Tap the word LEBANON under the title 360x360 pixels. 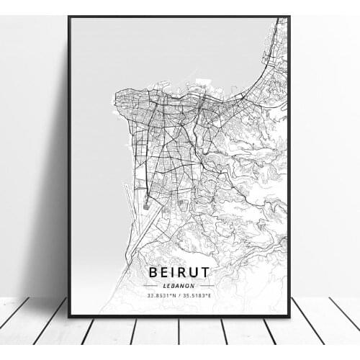179,285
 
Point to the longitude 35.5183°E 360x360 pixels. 199,295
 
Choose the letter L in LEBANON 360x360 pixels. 165,285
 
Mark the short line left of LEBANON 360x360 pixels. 151,286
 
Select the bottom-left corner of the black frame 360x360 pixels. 69,316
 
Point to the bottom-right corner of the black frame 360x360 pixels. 289,316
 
